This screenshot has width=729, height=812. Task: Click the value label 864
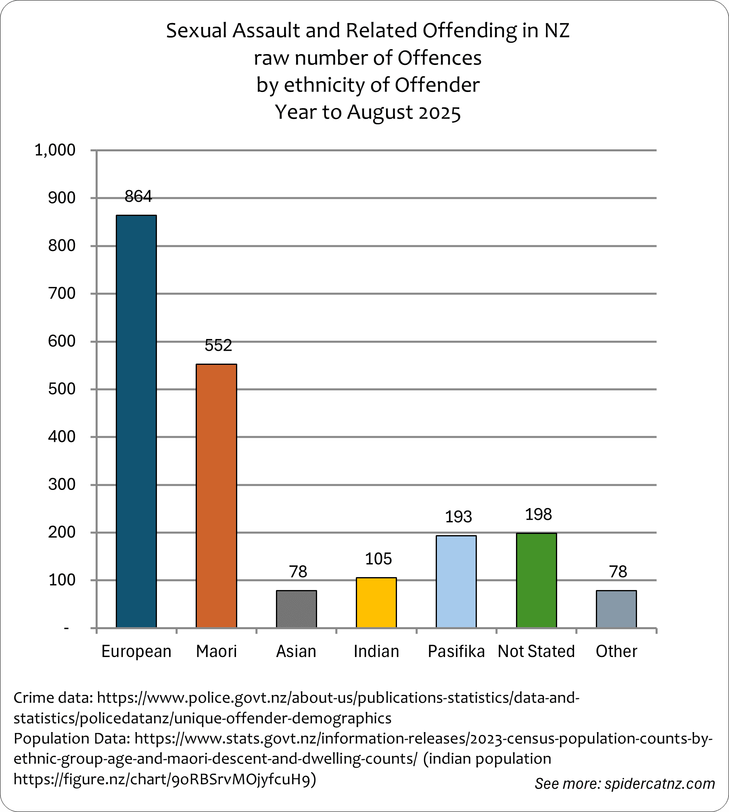coord(138,197)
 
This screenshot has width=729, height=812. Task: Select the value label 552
coord(218,345)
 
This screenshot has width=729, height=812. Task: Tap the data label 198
coord(538,515)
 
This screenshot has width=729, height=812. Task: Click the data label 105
coord(378,559)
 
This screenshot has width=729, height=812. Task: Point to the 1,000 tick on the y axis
coord(55,150)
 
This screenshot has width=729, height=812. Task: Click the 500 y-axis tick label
coord(62,389)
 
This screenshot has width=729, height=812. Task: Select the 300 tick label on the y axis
coord(62,484)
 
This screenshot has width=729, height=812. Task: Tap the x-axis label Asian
coord(296,651)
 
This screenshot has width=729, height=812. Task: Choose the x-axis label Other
coord(616,651)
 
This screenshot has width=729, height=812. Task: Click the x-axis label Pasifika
coord(456,651)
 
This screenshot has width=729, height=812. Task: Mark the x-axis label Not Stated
coord(536,651)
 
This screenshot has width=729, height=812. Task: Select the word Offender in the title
coord(437,85)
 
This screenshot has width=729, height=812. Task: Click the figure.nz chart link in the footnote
coord(165,779)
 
